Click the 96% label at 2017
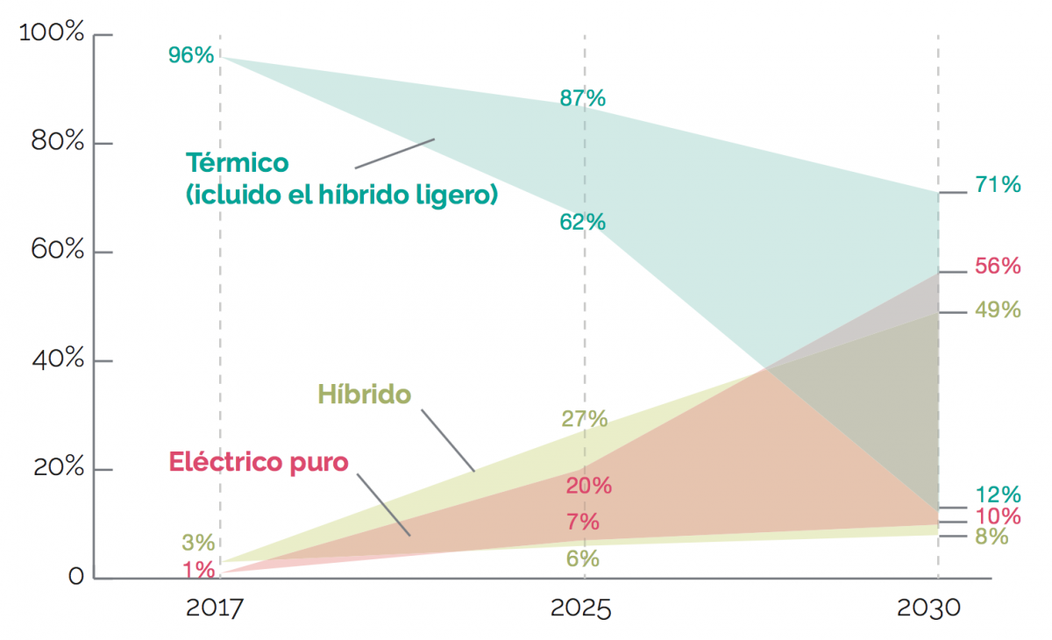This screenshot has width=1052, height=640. click(191, 55)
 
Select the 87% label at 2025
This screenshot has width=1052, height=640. click(583, 98)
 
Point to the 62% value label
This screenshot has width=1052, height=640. click(583, 223)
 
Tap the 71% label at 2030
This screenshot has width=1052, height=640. click(998, 185)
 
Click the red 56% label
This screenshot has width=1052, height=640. click(998, 267)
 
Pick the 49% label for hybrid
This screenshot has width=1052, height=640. click(998, 309)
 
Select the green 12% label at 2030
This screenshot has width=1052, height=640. click(998, 494)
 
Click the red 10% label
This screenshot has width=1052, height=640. click(998, 516)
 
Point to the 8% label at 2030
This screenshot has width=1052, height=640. click(992, 537)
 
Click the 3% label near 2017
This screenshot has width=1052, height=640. click(198, 543)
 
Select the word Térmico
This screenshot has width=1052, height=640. click(237, 163)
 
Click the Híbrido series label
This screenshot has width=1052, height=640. click(364, 395)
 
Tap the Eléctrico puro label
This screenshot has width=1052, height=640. click(259, 461)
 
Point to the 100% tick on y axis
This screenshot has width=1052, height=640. click(52, 35)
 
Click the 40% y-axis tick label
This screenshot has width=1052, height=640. click(57, 360)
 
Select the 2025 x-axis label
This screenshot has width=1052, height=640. click(580, 608)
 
